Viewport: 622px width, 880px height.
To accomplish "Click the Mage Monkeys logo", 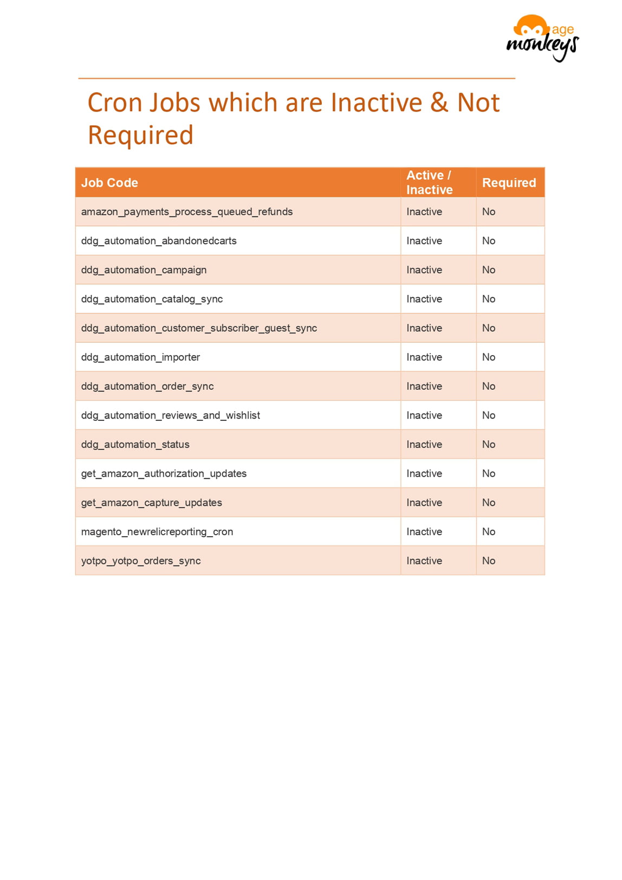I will pyautogui.click(x=542, y=38).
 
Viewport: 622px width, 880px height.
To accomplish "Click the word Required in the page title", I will pyautogui.click(x=140, y=135).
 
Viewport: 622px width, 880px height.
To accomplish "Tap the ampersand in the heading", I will pyautogui.click(x=439, y=102).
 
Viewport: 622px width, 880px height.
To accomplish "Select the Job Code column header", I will pyautogui.click(x=109, y=183).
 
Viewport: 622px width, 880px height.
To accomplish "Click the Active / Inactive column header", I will pyautogui.click(x=429, y=182).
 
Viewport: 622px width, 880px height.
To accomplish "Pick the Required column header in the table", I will pyautogui.click(x=509, y=183).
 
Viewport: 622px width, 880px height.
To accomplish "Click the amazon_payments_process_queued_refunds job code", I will pyautogui.click(x=187, y=211).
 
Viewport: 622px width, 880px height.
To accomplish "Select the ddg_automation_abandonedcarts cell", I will pyautogui.click(x=159, y=241).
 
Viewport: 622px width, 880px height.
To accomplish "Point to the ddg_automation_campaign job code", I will pyautogui.click(x=144, y=270).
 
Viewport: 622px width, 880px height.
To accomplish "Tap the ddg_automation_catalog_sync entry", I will pyautogui.click(x=152, y=299).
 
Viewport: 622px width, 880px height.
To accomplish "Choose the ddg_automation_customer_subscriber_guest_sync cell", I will pyautogui.click(x=199, y=328).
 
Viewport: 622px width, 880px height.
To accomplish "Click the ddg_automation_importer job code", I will pyautogui.click(x=140, y=357).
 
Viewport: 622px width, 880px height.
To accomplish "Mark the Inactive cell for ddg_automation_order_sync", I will pyautogui.click(x=424, y=386).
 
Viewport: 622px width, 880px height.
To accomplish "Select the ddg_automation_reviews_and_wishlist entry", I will pyautogui.click(x=170, y=415).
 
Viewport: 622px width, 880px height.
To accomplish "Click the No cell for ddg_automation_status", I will pyautogui.click(x=489, y=445).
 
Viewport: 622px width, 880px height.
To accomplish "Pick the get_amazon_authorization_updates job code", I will pyautogui.click(x=164, y=473).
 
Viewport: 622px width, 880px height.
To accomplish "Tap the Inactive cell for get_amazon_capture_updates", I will pyautogui.click(x=424, y=503).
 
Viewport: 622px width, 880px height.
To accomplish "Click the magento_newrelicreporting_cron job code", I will pyautogui.click(x=157, y=532).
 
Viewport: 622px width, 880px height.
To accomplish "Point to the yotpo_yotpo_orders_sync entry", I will pyautogui.click(x=141, y=561).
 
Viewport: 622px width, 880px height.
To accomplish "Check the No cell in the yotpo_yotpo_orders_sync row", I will pyautogui.click(x=489, y=561).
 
